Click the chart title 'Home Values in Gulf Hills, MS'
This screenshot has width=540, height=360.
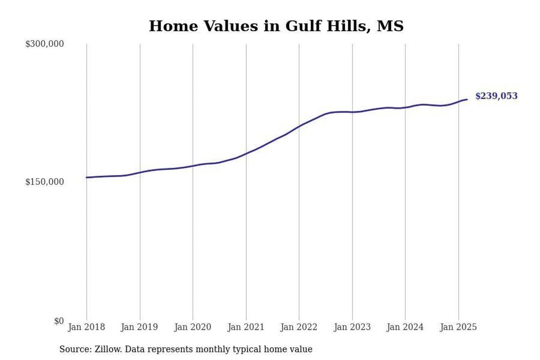coord(276,27)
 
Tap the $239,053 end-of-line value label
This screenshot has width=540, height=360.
coord(496,96)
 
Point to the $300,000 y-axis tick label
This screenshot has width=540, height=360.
coord(45,44)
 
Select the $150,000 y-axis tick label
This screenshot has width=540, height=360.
coord(45,182)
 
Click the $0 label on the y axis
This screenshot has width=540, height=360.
coord(59,321)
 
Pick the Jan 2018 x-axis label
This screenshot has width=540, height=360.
coord(86,327)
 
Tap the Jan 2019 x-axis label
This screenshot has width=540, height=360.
coord(139,327)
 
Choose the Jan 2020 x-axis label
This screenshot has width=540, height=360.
coord(193,327)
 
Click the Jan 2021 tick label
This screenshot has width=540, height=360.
coord(246,327)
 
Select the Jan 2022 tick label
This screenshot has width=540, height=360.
coord(299,327)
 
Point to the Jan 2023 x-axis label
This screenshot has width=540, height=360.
coord(352,327)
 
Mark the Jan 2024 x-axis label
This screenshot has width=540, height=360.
coord(405,327)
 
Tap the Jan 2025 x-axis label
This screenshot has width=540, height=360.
coord(458,327)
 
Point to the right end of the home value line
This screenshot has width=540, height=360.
coord(467,99)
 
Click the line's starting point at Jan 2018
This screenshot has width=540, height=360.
coord(86,178)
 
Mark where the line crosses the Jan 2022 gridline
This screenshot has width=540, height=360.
coord(299,126)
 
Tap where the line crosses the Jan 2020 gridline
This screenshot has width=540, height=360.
coord(193,166)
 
